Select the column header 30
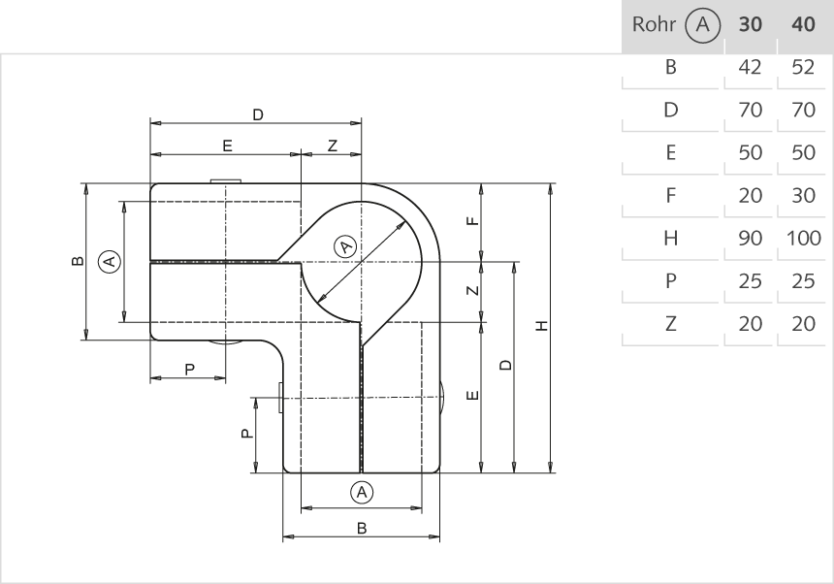751,24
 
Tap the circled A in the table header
700,24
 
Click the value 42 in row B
751,67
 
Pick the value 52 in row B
804,67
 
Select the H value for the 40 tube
804,238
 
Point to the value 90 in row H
751,238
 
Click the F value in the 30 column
751,195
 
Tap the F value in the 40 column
804,195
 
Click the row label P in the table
670,280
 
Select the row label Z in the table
670,323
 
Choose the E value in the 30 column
751,152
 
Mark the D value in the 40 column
804,110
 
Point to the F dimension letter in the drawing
472,221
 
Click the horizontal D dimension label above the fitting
257,114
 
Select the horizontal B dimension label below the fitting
362,529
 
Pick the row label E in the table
670,152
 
